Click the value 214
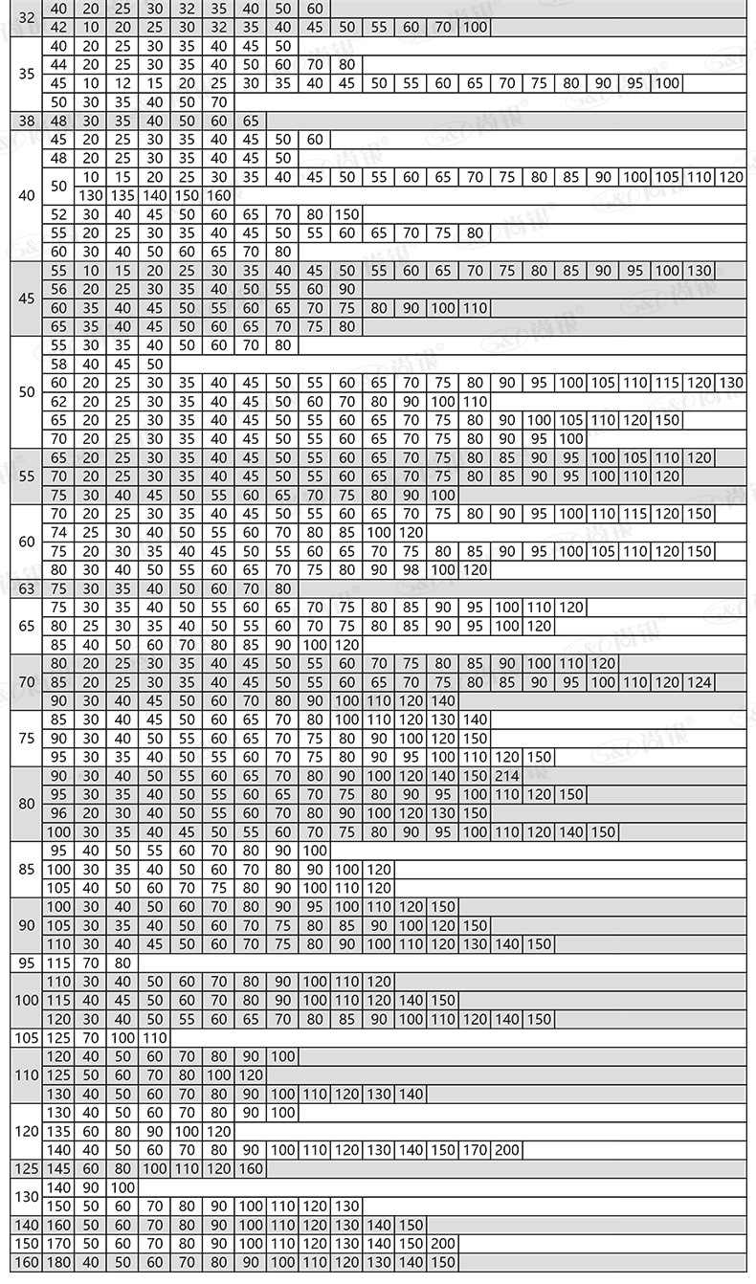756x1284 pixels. [507, 776]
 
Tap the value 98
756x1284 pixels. [411, 570]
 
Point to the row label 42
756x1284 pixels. [58, 27]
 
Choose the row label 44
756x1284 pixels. [58, 64]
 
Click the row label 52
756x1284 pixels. [58, 214]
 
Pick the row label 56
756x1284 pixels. [58, 289]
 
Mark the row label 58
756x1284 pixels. [58, 364]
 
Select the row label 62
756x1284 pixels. [58, 402]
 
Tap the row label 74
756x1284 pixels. [58, 532]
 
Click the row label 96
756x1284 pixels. [58, 813]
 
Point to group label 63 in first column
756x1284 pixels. [26, 588]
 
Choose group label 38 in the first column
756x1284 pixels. [26, 122]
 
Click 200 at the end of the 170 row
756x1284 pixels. [507, 1150]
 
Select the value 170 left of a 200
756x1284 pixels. [475, 1150]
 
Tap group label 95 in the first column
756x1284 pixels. [26, 963]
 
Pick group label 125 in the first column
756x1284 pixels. [26, 1169]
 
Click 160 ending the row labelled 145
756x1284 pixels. [251, 1169]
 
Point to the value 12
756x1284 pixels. [122, 83]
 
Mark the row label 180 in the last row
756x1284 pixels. [58, 1263]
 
